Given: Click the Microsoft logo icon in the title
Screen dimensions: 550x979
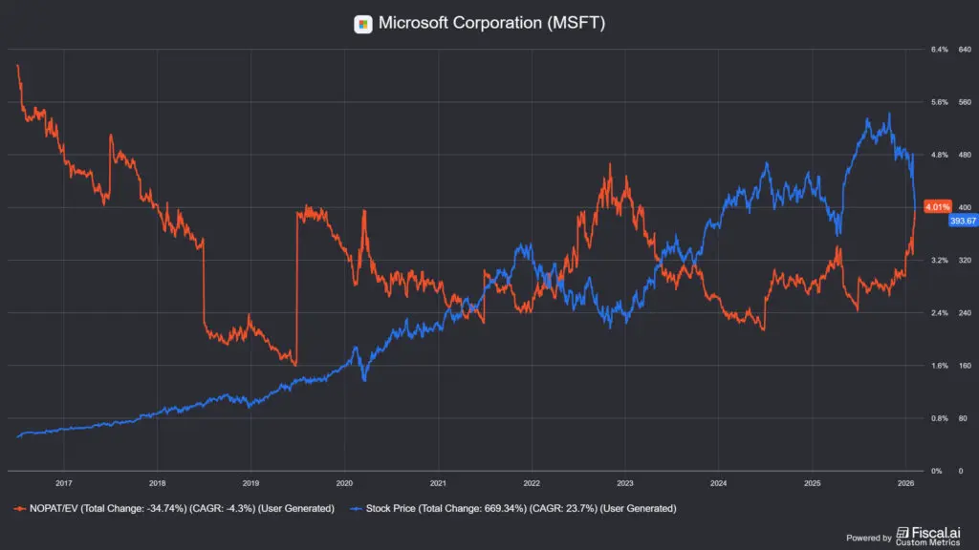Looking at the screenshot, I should pyautogui.click(x=363, y=24).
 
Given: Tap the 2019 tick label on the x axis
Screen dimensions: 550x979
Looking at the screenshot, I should pyautogui.click(x=250, y=482).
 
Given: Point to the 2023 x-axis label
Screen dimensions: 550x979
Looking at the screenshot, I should pyautogui.click(x=624, y=482).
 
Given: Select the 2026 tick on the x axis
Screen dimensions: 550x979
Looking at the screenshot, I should pyautogui.click(x=905, y=482).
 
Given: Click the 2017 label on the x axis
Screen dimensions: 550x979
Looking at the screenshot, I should pyautogui.click(x=64, y=482).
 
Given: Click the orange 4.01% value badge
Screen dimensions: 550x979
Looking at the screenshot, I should pyautogui.click(x=938, y=206).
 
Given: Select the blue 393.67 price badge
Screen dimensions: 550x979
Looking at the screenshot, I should pyautogui.click(x=961, y=221).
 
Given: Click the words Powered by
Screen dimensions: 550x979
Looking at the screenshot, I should pyautogui.click(x=869, y=538).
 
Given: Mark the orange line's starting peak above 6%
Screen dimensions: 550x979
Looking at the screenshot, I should pyautogui.click(x=17, y=65).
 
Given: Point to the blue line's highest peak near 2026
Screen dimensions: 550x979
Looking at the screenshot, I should pyautogui.click(x=889, y=114).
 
